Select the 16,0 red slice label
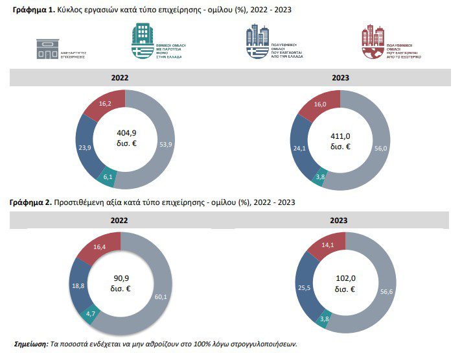coord(320,104)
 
